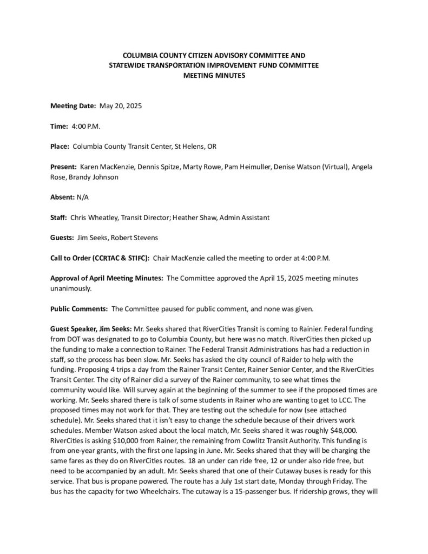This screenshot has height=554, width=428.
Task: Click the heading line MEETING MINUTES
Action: (x=214, y=76)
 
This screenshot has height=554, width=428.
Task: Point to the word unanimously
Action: (x=71, y=288)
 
